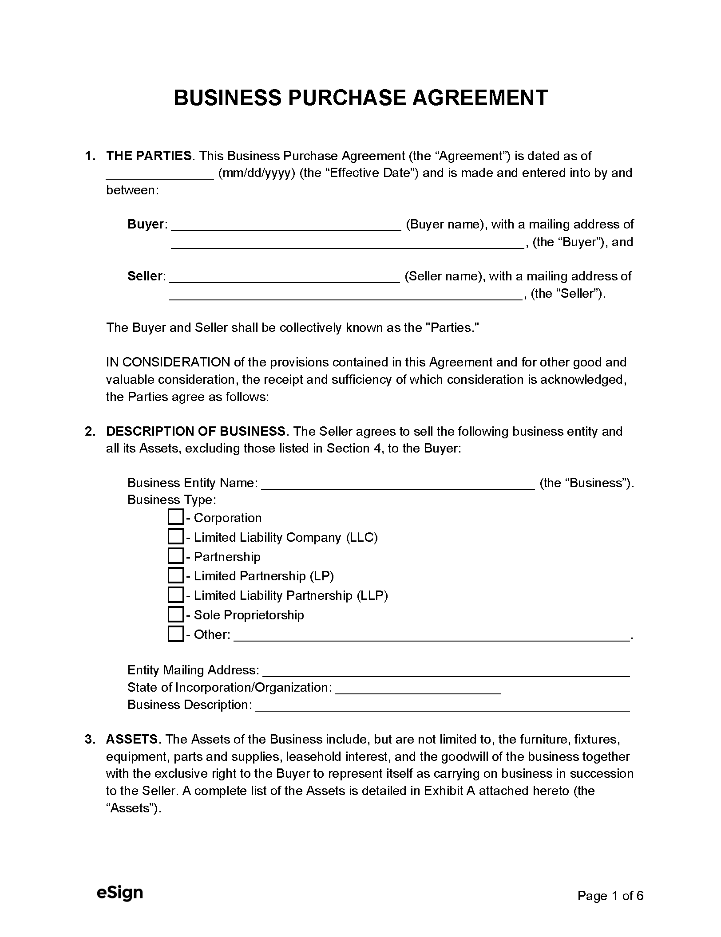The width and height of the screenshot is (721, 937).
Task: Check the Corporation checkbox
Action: coord(176,517)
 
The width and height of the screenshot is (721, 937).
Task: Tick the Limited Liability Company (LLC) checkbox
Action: coord(176,537)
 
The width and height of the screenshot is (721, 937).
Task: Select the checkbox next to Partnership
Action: coord(176,556)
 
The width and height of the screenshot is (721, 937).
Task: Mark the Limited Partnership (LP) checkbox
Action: coord(176,575)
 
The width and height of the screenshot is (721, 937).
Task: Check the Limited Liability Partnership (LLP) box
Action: coord(176,595)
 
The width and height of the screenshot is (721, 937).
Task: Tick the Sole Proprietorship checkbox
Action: coord(176,614)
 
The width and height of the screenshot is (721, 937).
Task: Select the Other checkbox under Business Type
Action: coord(176,634)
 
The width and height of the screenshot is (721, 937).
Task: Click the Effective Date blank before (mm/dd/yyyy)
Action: coord(160,174)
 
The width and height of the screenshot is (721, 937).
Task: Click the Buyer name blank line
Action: coord(286,225)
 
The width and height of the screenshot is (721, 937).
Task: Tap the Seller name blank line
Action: coord(285,277)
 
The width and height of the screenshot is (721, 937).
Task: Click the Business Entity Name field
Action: coord(398,484)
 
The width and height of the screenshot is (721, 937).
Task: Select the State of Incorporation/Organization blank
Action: coord(418,688)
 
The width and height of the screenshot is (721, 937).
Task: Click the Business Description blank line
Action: coord(443,705)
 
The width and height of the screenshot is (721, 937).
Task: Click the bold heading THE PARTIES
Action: coord(149,156)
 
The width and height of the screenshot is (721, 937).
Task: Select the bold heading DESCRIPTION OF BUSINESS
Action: coord(195,431)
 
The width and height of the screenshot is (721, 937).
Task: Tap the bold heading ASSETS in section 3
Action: coord(132,739)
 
